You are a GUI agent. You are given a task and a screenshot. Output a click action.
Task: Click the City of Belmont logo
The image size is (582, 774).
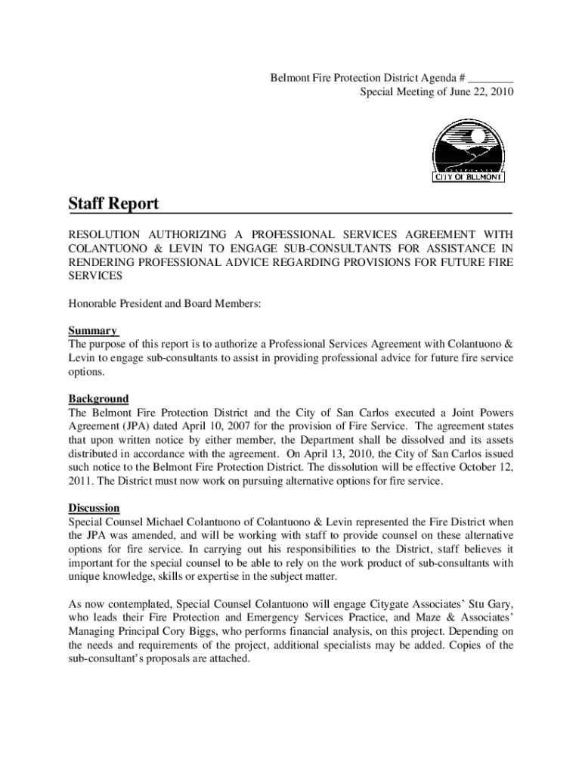(x=468, y=151)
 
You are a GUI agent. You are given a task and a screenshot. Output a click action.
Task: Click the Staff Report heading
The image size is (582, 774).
(x=113, y=203)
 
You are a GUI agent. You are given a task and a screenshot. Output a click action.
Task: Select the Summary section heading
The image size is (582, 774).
(x=93, y=330)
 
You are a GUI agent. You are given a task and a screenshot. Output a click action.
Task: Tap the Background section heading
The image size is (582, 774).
(x=98, y=398)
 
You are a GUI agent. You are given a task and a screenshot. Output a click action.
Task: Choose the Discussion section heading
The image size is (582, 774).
(x=94, y=508)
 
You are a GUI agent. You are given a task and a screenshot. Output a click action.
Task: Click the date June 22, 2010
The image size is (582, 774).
(x=481, y=92)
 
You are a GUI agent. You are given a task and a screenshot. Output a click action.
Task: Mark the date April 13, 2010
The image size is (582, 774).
(x=337, y=454)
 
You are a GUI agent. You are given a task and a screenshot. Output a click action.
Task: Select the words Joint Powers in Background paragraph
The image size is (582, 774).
(x=481, y=413)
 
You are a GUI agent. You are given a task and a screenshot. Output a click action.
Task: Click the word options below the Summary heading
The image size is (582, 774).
(x=86, y=371)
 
